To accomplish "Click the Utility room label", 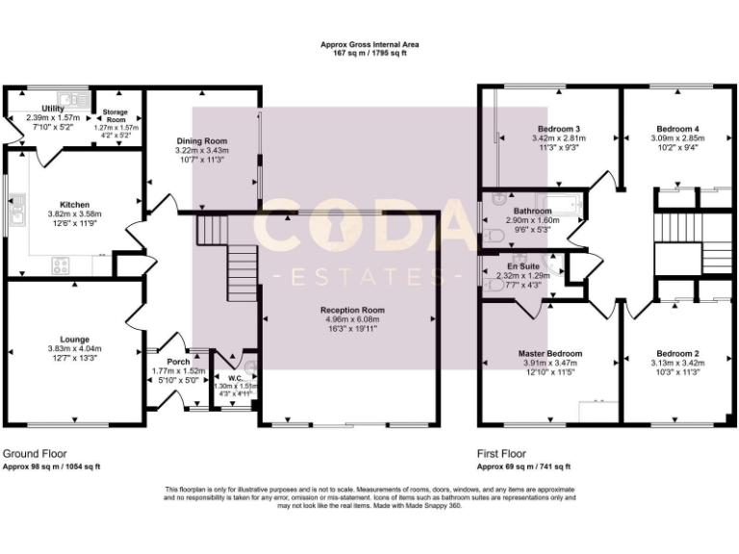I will (x=53, y=109).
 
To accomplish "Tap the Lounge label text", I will (x=74, y=339).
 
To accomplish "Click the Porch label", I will (x=179, y=362).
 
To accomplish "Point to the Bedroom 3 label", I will (x=558, y=129).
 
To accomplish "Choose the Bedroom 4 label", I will (x=677, y=129).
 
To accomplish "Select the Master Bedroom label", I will (x=550, y=354).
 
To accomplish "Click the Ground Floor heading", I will (x=35, y=453).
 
